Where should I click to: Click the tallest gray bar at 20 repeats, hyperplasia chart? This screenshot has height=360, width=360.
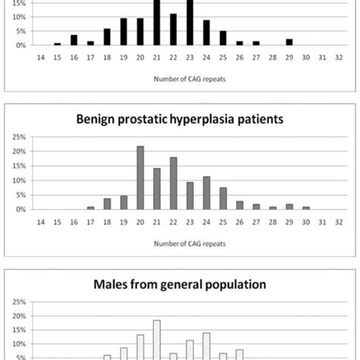click(141, 178)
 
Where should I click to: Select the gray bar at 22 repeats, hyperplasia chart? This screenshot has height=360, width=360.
click(173, 183)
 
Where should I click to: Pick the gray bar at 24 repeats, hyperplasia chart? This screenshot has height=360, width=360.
click(207, 193)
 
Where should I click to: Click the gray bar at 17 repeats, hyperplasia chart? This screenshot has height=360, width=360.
click(91, 207)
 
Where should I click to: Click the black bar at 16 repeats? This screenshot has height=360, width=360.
click(74, 39)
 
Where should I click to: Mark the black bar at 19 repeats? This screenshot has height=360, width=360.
click(124, 31)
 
